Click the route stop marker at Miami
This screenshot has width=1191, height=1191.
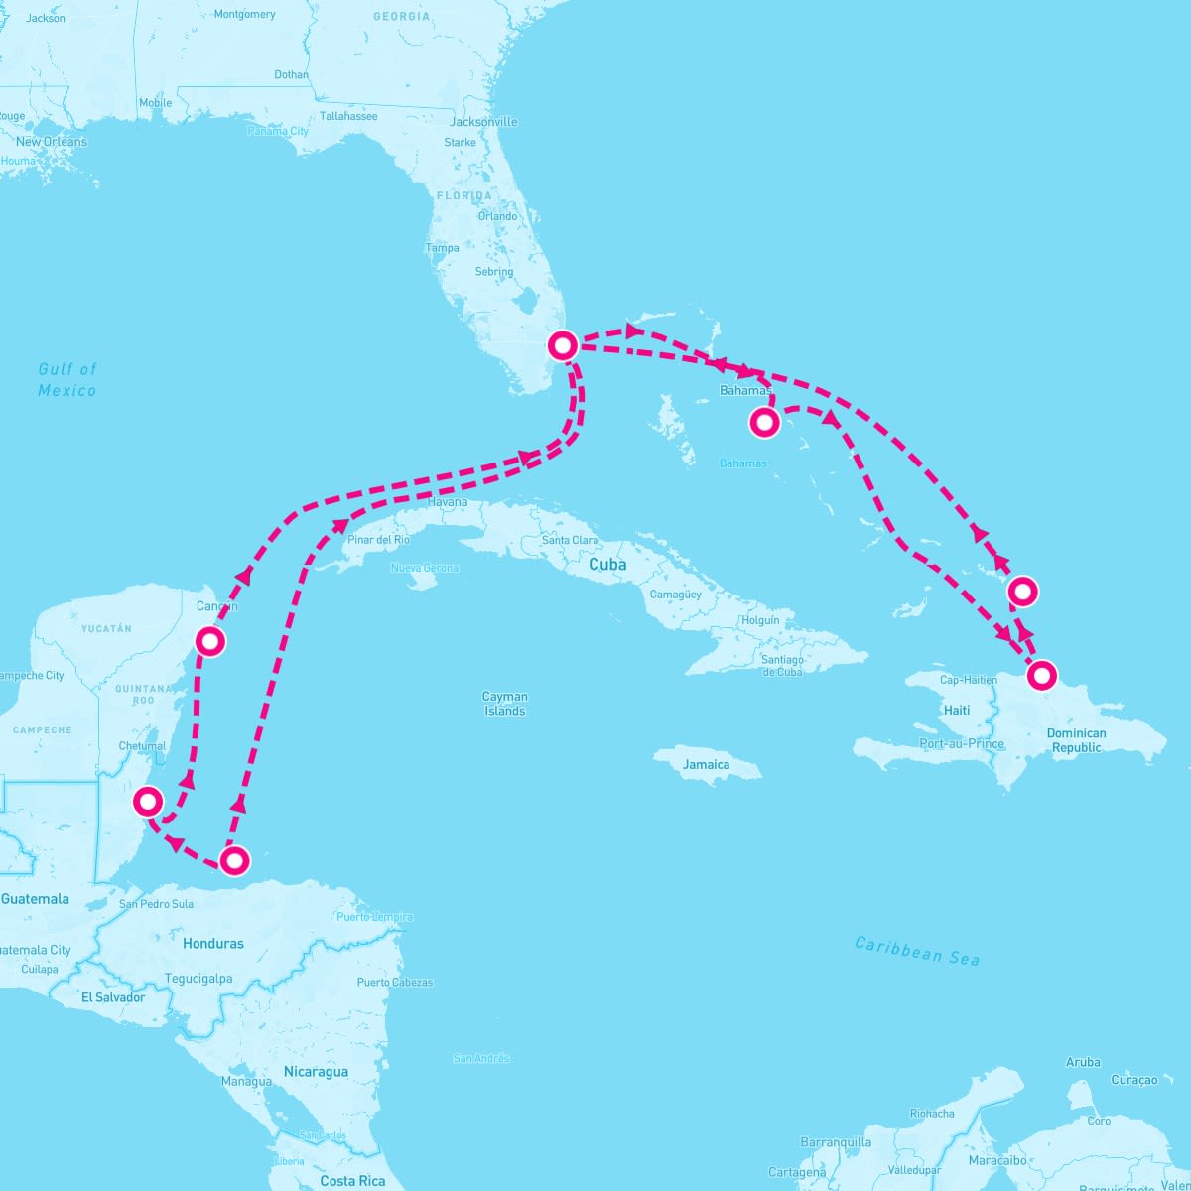click(x=563, y=345)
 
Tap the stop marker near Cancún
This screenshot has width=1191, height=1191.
click(x=210, y=641)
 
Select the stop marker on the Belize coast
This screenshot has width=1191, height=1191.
click(x=148, y=800)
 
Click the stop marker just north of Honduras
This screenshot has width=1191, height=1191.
click(x=234, y=860)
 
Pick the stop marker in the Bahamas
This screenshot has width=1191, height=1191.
click(x=764, y=423)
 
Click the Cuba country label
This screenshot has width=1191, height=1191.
click(x=607, y=564)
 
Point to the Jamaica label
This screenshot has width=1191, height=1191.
click(x=707, y=764)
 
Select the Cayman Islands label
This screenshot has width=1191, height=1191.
click(x=504, y=704)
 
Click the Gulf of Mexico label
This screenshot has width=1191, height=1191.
click(x=67, y=379)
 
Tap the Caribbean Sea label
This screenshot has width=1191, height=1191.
click(x=917, y=951)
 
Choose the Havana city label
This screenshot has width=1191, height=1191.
click(x=447, y=502)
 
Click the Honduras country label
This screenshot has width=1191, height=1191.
click(x=213, y=943)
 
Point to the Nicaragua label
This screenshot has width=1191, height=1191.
click(x=316, y=1072)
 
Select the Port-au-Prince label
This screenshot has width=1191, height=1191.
click(x=962, y=743)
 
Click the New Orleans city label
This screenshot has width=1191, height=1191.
click(x=52, y=142)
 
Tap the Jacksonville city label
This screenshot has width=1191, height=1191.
click(x=484, y=122)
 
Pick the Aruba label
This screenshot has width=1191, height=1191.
click(x=1083, y=1062)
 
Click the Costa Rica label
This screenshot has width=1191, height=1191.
click(x=352, y=1181)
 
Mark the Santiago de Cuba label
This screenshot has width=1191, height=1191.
click(x=782, y=666)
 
